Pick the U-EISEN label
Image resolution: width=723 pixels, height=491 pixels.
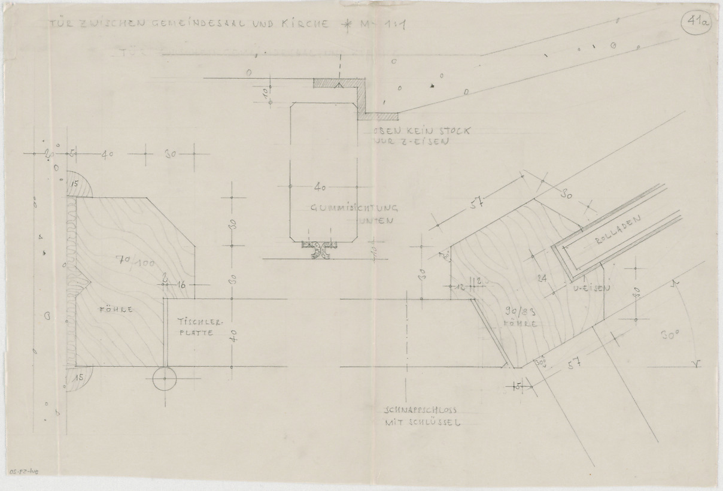click(x=593, y=289)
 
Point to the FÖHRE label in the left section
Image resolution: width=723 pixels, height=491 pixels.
click(x=108, y=310)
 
